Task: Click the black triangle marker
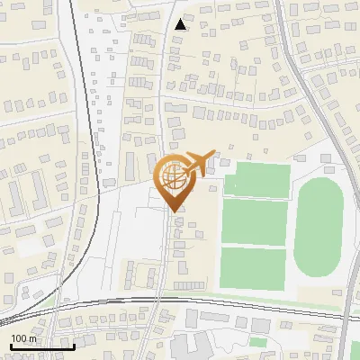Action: coord(181,24)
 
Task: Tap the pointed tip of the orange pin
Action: coord(173,211)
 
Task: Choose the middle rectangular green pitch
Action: coord(254,222)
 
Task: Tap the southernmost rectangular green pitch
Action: coord(253,268)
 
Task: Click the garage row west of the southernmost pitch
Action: coord(189,284)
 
